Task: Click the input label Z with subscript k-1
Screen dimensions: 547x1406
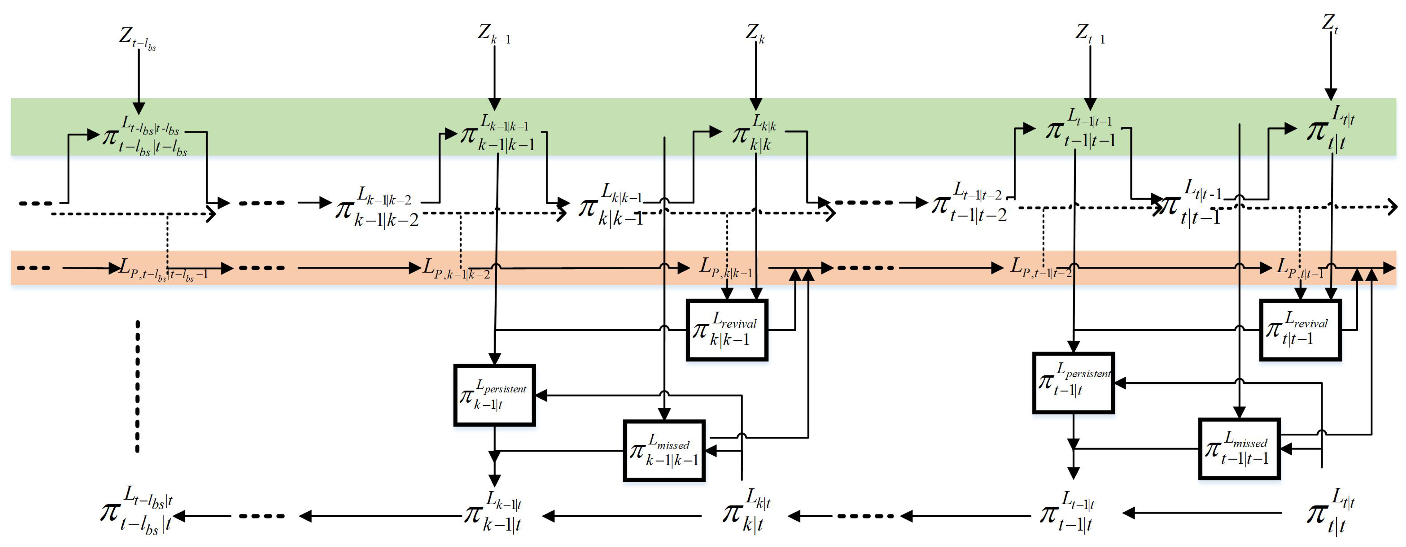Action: point(493,34)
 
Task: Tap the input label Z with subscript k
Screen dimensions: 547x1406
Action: point(755,34)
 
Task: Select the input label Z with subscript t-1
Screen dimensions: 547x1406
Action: point(1089,34)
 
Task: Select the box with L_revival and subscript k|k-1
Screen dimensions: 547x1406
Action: point(727,330)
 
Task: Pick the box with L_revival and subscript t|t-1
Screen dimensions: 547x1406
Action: point(1300,330)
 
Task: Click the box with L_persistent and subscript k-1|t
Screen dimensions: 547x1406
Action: point(494,395)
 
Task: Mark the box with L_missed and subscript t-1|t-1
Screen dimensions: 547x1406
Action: point(1239,449)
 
